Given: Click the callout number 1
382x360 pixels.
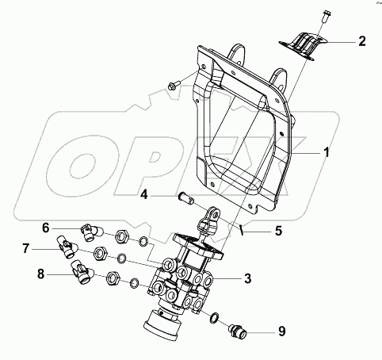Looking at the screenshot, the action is pyautogui.click(x=327, y=152).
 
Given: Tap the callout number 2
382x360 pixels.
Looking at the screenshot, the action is pyautogui.click(x=362, y=41).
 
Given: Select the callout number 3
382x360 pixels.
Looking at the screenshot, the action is pyautogui.click(x=247, y=278).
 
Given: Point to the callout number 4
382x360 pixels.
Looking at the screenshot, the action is pyautogui.click(x=144, y=195).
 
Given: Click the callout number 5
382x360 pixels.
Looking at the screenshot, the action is pyautogui.click(x=278, y=231).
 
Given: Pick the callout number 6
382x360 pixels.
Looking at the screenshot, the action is pyautogui.click(x=46, y=228).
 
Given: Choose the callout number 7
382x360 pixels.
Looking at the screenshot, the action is pyautogui.click(x=25, y=249).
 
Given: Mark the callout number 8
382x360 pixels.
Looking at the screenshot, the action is pyautogui.click(x=40, y=274).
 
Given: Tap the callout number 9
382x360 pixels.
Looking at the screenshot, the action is pyautogui.click(x=282, y=331).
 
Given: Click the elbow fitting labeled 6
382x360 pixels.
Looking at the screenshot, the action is pyautogui.click(x=91, y=232).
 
